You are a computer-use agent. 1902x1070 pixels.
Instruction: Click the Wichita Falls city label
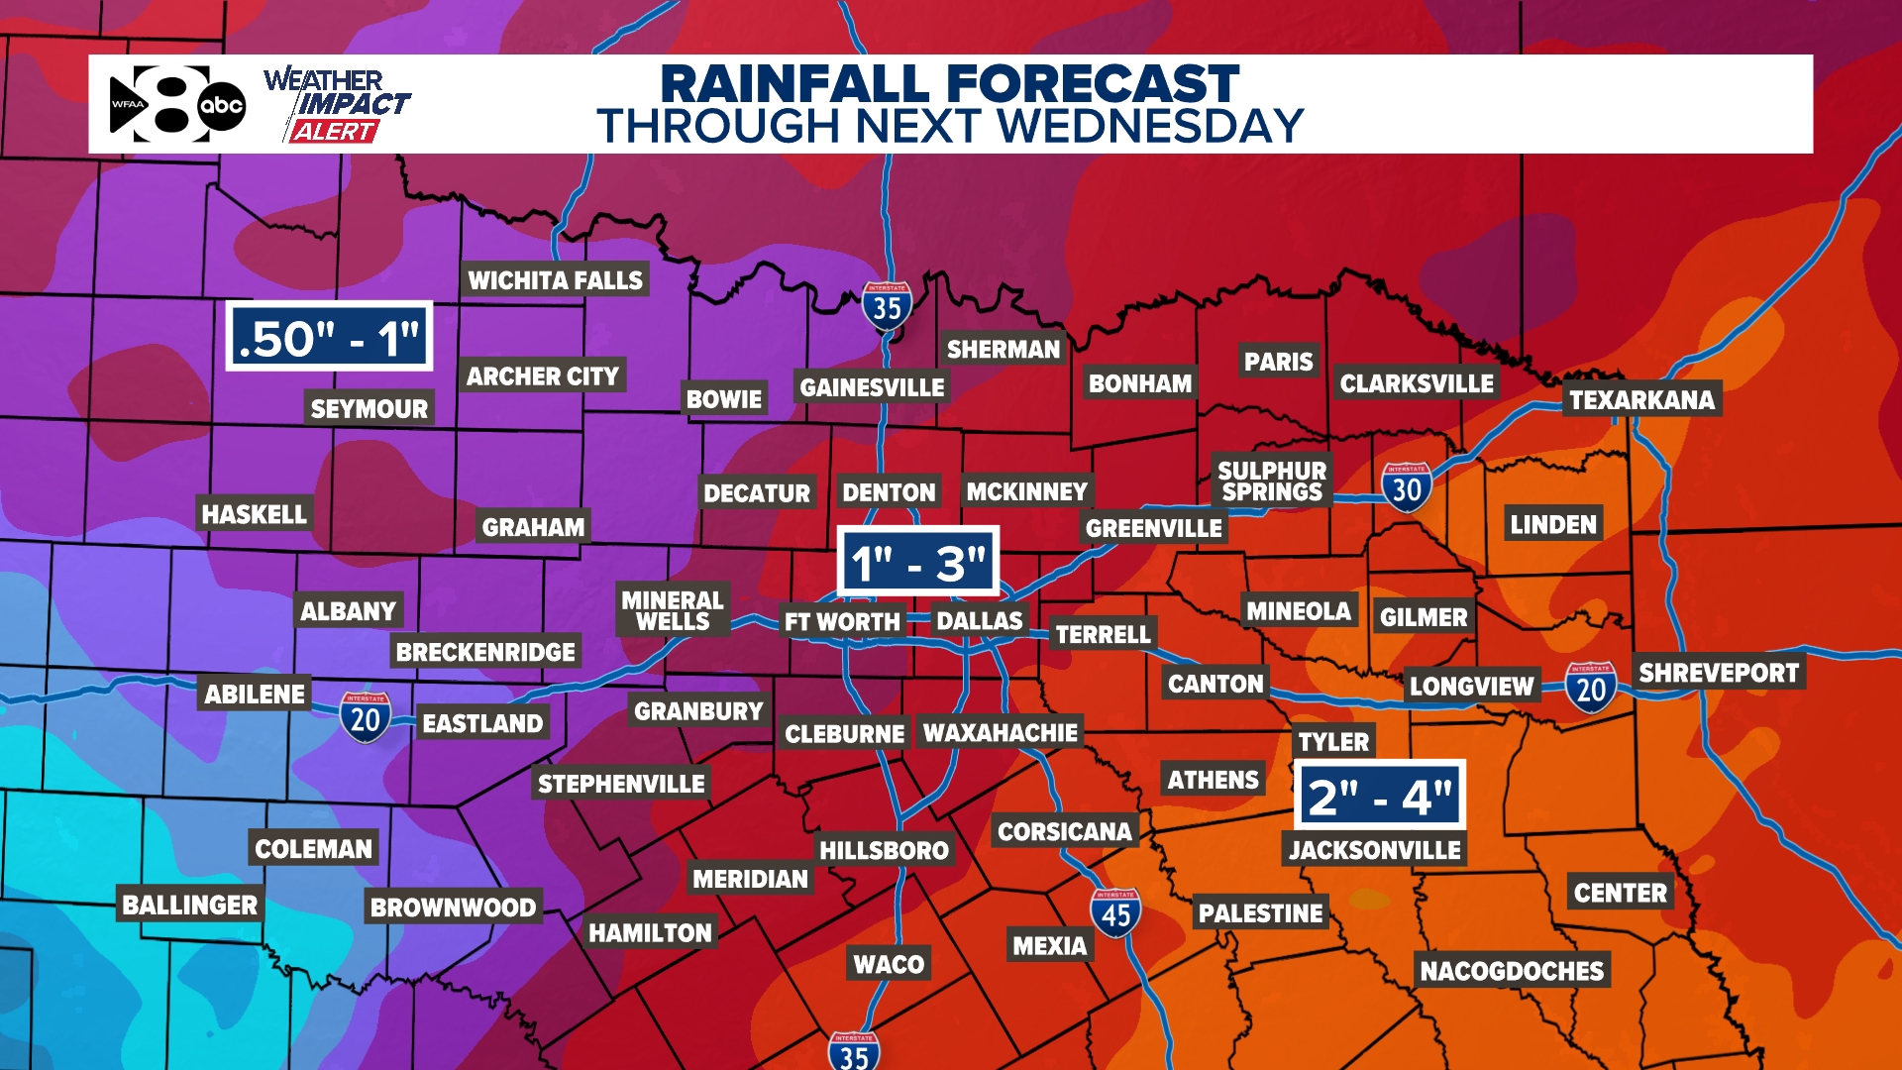pyautogui.click(x=555, y=280)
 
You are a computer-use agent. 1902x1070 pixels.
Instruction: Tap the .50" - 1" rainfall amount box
pyautogui.click(x=330, y=337)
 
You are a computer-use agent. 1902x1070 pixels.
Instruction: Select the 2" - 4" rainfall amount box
pyautogui.click(x=1379, y=796)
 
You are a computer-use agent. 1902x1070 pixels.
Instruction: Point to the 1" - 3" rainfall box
pyautogui.click(x=917, y=562)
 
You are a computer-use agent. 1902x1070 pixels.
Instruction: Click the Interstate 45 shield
pyautogui.click(x=1115, y=913)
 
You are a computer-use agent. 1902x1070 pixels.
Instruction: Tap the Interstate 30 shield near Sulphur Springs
pyautogui.click(x=1407, y=487)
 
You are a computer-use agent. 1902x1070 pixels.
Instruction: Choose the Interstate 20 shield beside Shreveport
pyautogui.click(x=1591, y=688)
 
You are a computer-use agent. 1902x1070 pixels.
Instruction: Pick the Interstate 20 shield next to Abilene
pyautogui.click(x=366, y=717)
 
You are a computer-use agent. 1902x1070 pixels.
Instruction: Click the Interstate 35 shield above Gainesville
pyautogui.click(x=887, y=307)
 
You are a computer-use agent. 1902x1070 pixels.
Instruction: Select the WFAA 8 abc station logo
pyautogui.click(x=176, y=104)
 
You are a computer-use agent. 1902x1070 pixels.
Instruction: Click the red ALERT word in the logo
pyautogui.click(x=334, y=132)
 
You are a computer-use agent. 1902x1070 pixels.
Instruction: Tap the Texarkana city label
pyautogui.click(x=1641, y=399)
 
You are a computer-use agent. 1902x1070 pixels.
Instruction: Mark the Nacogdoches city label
pyautogui.click(x=1512, y=970)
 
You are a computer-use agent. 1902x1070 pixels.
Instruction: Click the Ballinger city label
pyautogui.click(x=190, y=905)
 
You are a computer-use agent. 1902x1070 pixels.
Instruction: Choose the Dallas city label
pyautogui.click(x=979, y=621)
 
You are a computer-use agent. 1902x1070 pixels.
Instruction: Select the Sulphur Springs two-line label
pyautogui.click(x=1272, y=481)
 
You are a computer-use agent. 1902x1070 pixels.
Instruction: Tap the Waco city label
pyautogui.click(x=889, y=964)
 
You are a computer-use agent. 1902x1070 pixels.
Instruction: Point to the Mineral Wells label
pyautogui.click(x=673, y=610)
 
